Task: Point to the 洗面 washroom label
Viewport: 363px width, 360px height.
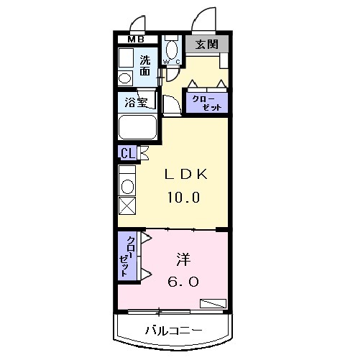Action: pyautogui.click(x=145, y=65)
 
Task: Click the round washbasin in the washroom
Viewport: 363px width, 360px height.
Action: pyautogui.click(x=124, y=77)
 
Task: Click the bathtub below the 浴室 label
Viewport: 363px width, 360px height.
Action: pyautogui.click(x=139, y=130)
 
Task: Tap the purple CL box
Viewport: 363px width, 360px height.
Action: pyautogui.click(x=127, y=152)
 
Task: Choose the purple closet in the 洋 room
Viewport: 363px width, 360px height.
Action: pyautogui.click(x=126, y=256)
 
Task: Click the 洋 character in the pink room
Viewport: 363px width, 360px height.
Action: pyautogui.click(x=183, y=258)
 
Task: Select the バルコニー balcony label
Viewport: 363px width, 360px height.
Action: pyautogui.click(x=173, y=331)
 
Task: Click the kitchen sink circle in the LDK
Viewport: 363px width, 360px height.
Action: pyautogui.click(x=127, y=186)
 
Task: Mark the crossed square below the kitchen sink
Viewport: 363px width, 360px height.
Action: pyautogui.click(x=127, y=206)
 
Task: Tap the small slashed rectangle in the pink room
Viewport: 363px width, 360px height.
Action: pyautogui.click(x=213, y=303)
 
